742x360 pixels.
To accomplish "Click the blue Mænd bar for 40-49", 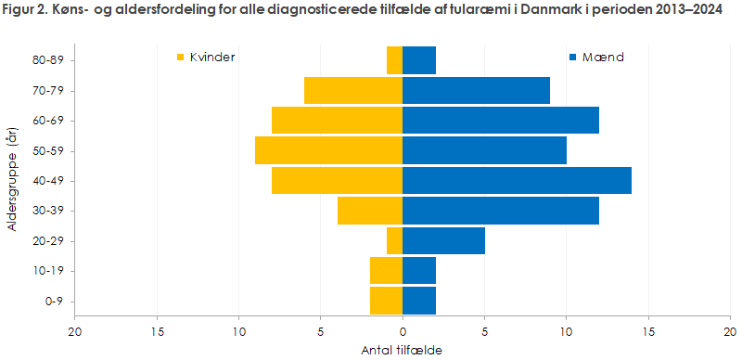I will click(x=517, y=181).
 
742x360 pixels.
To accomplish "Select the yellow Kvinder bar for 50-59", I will click(x=328, y=150).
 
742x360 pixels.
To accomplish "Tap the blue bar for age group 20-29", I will click(x=443, y=241).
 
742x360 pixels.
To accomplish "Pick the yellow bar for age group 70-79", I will click(x=353, y=91).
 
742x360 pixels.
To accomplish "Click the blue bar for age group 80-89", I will click(x=419, y=60).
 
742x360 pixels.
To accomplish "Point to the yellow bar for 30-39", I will click(x=370, y=211).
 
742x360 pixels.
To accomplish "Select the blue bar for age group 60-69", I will click(x=501, y=121).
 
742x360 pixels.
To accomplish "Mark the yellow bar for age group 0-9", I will click(x=386, y=302).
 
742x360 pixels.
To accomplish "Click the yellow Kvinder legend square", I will click(x=181, y=58).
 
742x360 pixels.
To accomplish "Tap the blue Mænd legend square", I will click(x=573, y=58).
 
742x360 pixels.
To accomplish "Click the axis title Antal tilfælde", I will click(x=402, y=351).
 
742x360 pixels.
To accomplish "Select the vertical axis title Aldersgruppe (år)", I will click(x=14, y=181).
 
